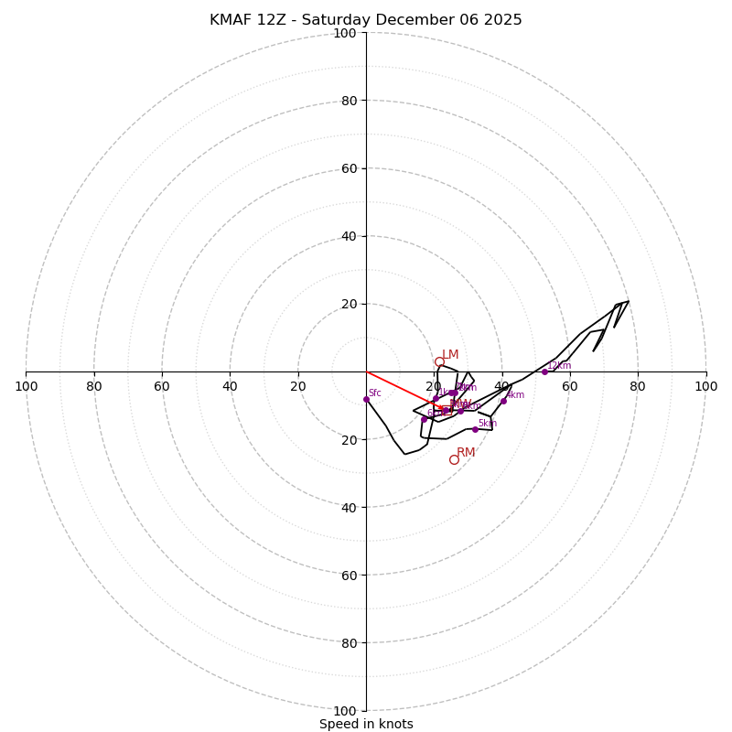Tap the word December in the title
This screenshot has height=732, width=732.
(409, 20)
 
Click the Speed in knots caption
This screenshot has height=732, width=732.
(366, 724)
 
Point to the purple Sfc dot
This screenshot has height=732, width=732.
(366, 399)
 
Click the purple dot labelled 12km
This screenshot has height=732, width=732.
(544, 371)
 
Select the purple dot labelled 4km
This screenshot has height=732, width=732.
(503, 401)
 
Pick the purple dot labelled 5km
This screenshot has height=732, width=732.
(475, 429)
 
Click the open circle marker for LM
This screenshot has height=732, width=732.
(439, 362)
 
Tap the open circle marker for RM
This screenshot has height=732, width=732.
(454, 459)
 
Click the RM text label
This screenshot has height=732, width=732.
(466, 452)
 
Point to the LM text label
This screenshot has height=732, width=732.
(450, 355)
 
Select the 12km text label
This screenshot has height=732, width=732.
(559, 365)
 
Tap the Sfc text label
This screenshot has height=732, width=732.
(374, 393)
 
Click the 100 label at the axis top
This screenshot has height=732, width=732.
(344, 33)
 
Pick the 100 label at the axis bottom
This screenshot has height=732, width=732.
(344, 711)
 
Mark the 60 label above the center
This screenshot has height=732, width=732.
(348, 168)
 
